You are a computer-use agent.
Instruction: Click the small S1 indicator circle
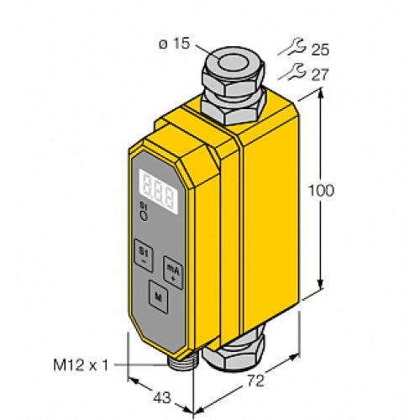click(143, 216)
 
